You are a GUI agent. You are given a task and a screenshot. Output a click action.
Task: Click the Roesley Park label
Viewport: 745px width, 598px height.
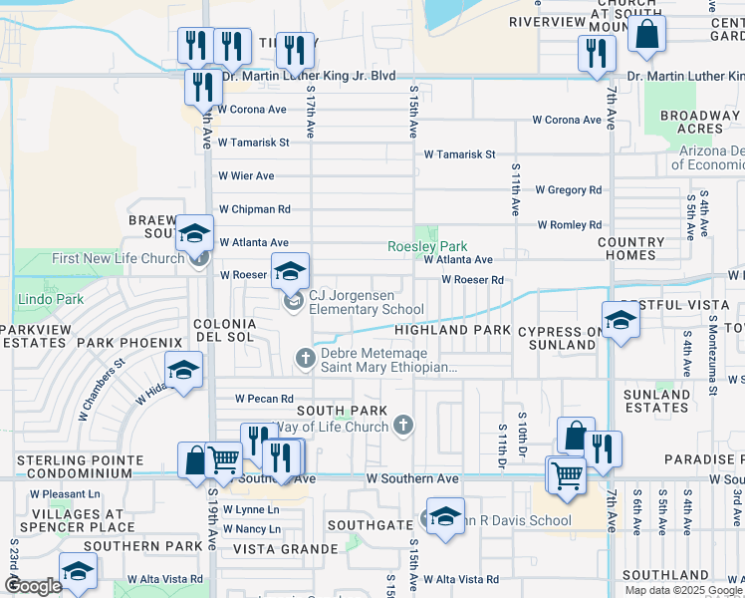pyautogui.click(x=427, y=246)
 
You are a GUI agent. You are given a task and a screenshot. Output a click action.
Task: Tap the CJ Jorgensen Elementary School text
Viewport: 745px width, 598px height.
pyautogui.click(x=367, y=302)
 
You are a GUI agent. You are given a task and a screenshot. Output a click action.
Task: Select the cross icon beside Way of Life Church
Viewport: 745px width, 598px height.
pyautogui.click(x=403, y=427)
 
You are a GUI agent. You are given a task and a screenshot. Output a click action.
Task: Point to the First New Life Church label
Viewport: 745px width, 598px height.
pyautogui.click(x=118, y=258)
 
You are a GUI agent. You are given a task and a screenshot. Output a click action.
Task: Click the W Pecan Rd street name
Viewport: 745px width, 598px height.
pyautogui.click(x=264, y=399)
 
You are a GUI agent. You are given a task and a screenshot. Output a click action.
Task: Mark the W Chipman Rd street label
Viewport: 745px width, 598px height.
pyautogui.click(x=255, y=209)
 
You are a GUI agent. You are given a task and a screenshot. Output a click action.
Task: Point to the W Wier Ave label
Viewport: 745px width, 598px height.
pyautogui.click(x=246, y=176)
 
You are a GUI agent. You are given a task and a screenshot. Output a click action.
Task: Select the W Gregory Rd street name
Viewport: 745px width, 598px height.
pyautogui.click(x=568, y=189)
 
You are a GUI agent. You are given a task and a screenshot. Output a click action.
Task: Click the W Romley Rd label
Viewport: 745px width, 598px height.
pyautogui.click(x=571, y=225)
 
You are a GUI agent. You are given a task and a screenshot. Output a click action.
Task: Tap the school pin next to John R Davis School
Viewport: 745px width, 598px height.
pyautogui.click(x=445, y=517)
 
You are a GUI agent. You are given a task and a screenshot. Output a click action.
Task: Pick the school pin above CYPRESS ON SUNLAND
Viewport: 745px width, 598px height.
pyautogui.click(x=621, y=321)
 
